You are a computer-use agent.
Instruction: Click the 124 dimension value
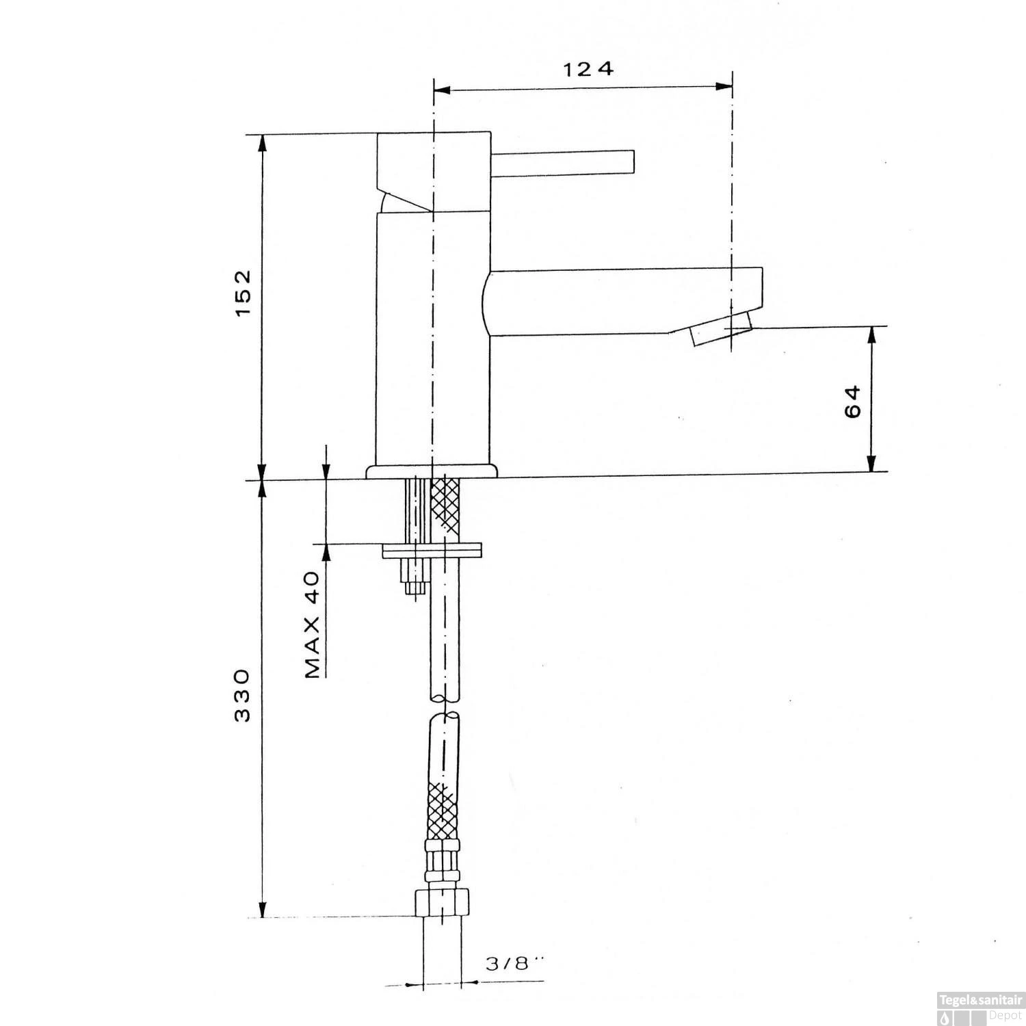pyautogui.click(x=588, y=69)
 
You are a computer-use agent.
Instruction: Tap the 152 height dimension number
pyautogui.click(x=244, y=293)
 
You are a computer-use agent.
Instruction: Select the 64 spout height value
pyautogui.click(x=853, y=401)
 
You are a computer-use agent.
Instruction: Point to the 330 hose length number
pyautogui.click(x=244, y=696)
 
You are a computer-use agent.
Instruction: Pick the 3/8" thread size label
pyautogui.click(x=512, y=964)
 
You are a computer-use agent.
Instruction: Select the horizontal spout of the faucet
pyautogui.click(x=622, y=302)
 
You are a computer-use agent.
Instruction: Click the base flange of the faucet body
pyautogui.click(x=432, y=472)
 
